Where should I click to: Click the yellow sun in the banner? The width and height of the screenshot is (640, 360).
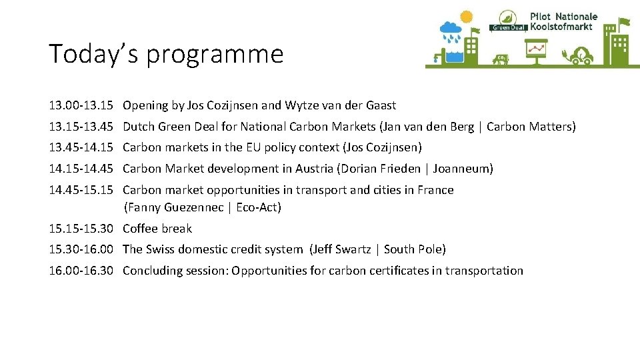[x=465, y=17]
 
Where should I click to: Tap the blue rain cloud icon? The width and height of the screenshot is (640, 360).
[x=450, y=30]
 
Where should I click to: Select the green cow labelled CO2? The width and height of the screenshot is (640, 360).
[x=501, y=59]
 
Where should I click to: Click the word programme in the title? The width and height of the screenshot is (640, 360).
[x=215, y=54]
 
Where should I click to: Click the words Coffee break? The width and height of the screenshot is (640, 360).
[x=157, y=229]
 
